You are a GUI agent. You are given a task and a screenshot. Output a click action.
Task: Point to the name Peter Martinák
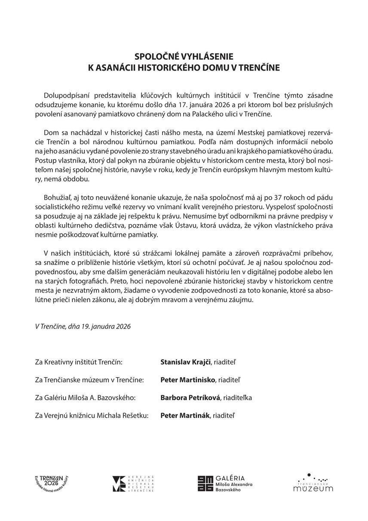[185, 416]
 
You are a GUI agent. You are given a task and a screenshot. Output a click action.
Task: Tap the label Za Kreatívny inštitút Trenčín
[80, 362]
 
